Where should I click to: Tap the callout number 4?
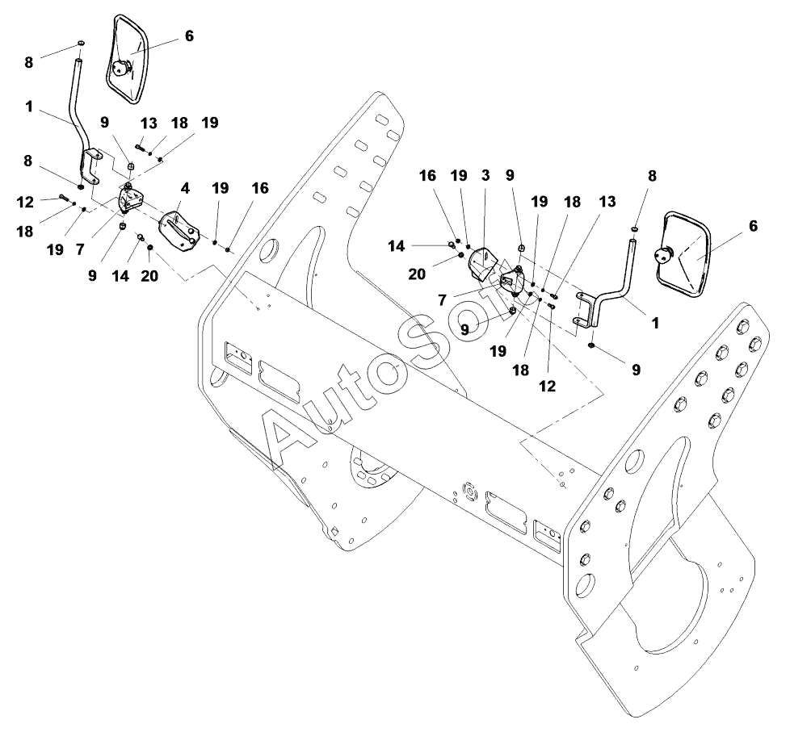point(185,188)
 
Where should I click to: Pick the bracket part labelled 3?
point(483,263)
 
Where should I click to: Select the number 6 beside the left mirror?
point(189,36)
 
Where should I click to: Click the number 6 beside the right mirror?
point(754,226)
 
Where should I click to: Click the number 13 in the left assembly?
point(149,123)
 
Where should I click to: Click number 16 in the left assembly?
point(259,188)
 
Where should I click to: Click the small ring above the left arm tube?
point(81,42)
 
